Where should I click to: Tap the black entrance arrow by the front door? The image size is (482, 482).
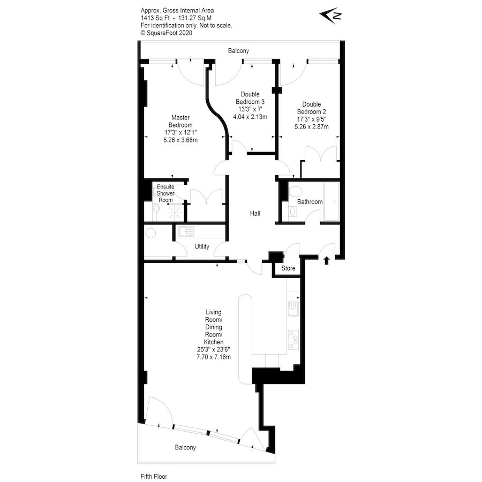[x=327, y=261]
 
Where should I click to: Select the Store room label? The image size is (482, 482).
[x=288, y=268]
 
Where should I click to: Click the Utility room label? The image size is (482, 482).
[x=202, y=246]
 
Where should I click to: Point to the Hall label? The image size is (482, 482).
[x=255, y=213]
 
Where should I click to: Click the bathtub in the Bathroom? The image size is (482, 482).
[x=332, y=202]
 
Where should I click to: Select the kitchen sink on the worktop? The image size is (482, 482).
[x=293, y=308]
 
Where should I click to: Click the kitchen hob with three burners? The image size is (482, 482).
[x=293, y=340]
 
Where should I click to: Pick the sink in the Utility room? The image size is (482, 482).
[x=186, y=231]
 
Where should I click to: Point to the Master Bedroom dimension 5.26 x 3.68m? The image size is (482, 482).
[x=180, y=140]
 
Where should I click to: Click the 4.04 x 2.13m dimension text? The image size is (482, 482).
[x=250, y=117]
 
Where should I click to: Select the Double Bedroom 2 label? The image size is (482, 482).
[x=311, y=108]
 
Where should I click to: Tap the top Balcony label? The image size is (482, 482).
[x=238, y=51]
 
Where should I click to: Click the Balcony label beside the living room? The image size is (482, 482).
[x=185, y=447]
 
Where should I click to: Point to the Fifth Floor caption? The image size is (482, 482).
[x=154, y=477]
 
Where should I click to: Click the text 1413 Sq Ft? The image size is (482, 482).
[x=155, y=18]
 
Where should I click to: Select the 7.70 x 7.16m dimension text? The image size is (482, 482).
[x=214, y=357]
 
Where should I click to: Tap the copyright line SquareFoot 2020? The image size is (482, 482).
[x=167, y=33]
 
